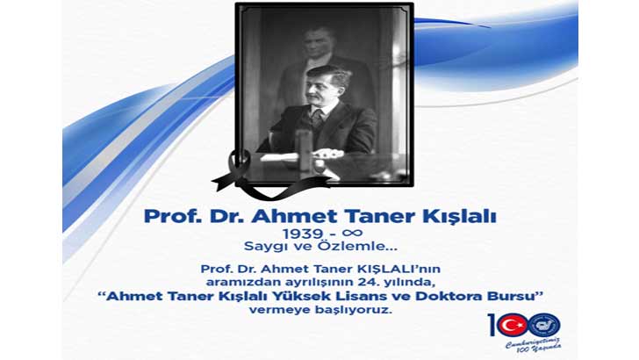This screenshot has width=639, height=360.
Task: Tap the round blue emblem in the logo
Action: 544,325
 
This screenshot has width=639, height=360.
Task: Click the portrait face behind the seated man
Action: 313,44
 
